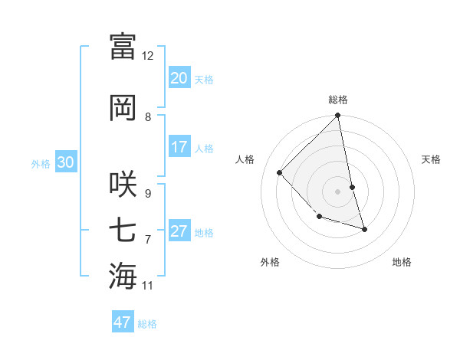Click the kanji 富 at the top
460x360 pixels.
(x=123, y=46)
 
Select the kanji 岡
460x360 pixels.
(x=123, y=107)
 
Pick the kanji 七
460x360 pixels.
(x=123, y=230)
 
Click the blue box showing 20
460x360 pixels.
(x=179, y=78)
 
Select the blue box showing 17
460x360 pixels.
(x=179, y=147)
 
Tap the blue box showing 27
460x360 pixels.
(x=179, y=231)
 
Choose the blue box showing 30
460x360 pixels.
(x=65, y=162)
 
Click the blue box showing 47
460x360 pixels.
(x=123, y=322)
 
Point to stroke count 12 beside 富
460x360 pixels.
(x=148, y=56)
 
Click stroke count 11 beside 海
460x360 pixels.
(x=148, y=286)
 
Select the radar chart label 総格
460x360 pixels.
(x=338, y=100)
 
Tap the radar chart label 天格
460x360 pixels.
(x=432, y=159)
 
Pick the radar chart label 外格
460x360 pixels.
(x=270, y=262)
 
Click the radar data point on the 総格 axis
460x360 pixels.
(x=338, y=116)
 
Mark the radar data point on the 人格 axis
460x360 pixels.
(x=280, y=172)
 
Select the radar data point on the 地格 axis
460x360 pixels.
(x=364, y=228)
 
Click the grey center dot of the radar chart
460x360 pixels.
(x=338, y=191)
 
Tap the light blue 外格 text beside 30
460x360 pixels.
(x=41, y=163)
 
